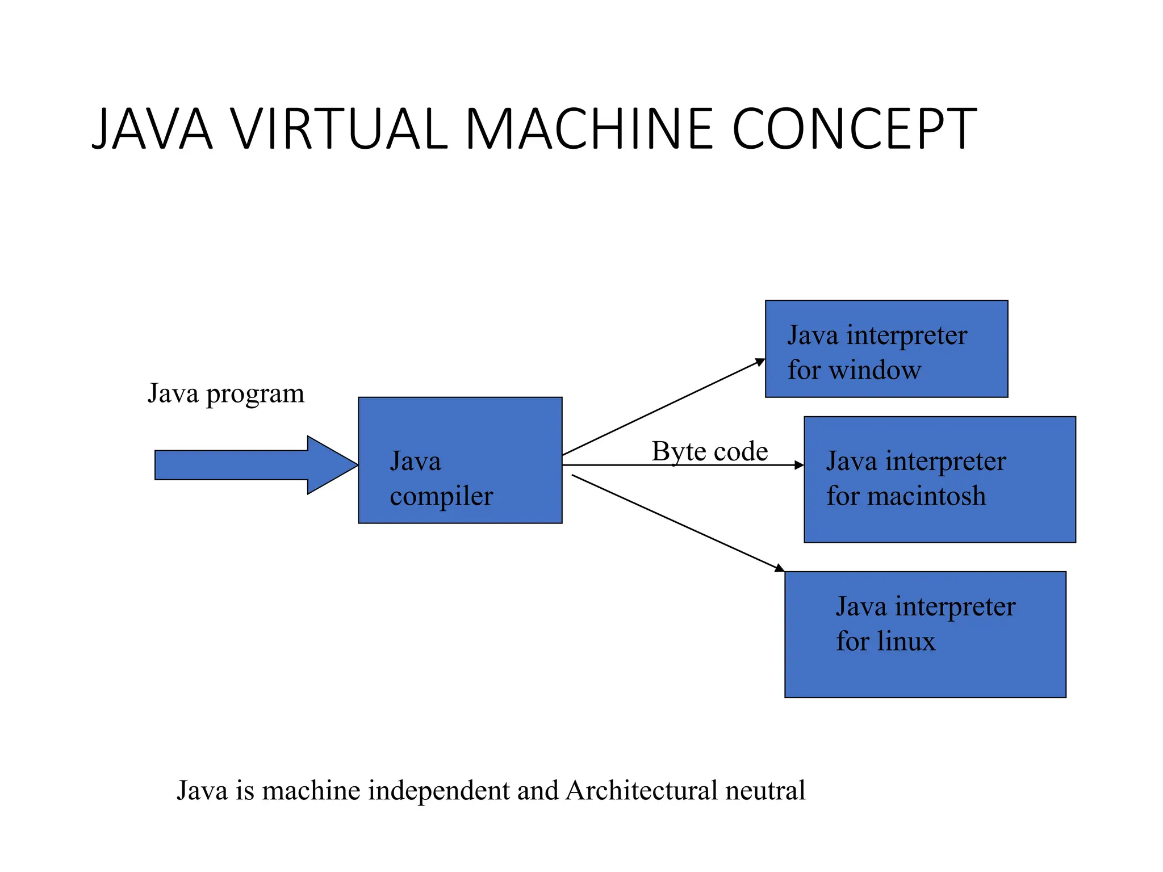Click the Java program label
[226, 393]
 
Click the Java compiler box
[460, 431]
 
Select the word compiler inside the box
[441, 497]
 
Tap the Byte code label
[709, 451]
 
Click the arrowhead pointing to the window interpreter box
[760, 362]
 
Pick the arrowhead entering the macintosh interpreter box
[799, 465]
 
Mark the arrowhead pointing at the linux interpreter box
[780, 567]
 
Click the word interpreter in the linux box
[955, 607]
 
